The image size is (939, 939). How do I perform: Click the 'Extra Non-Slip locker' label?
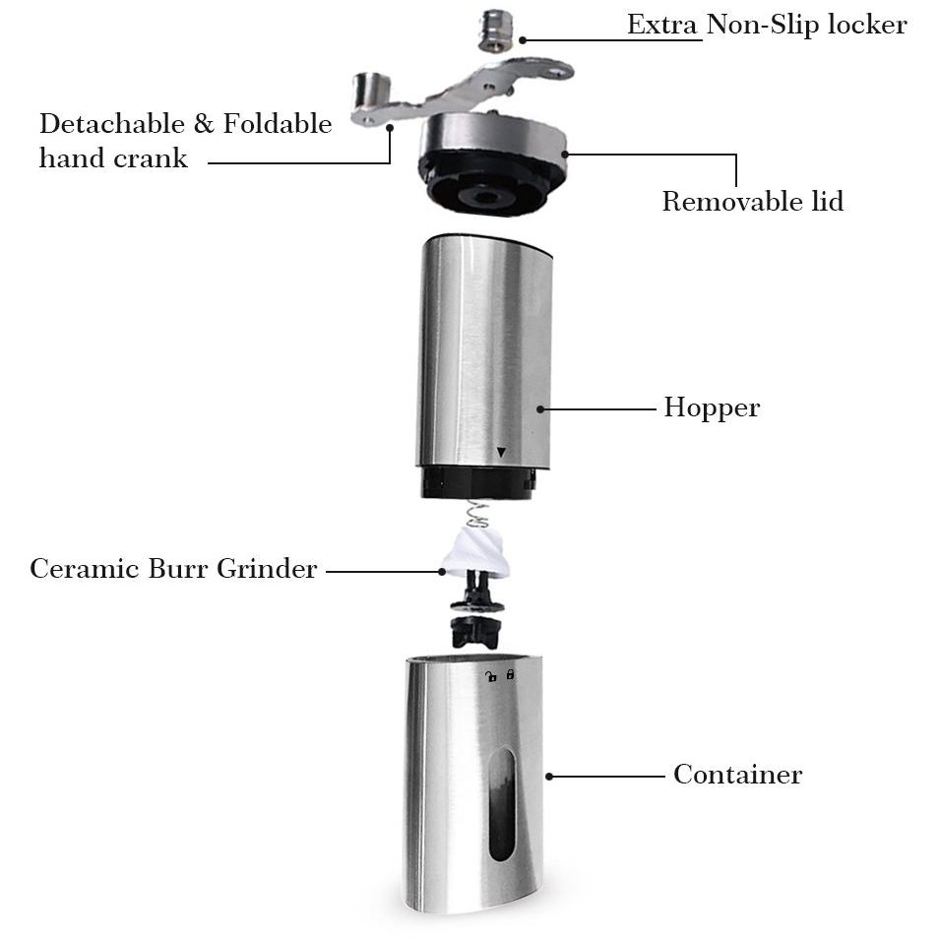coord(767,25)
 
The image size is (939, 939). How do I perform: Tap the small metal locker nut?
coord(496,31)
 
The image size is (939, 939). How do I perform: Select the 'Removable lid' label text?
coord(753,201)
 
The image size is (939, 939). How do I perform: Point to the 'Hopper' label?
coord(712,408)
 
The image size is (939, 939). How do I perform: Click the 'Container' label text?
coord(738,775)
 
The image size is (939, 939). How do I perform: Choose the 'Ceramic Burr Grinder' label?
coord(173,568)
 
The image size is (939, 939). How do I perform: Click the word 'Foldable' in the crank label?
coord(278,123)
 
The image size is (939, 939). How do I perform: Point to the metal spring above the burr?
coord(477,515)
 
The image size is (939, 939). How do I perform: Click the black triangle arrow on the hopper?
coord(501,453)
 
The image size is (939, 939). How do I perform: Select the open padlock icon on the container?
coord(491,677)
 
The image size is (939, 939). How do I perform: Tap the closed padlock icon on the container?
coord(510,674)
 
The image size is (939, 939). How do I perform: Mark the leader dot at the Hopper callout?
coord(540,409)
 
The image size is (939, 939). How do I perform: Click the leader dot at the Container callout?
coord(549,777)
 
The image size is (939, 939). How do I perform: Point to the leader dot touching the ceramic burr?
coord(442,572)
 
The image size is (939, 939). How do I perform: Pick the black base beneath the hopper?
coord(477,483)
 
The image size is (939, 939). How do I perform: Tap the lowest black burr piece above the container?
coord(475,632)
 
